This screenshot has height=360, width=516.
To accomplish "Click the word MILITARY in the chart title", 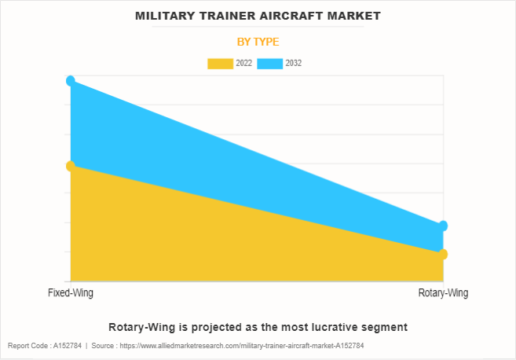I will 167,15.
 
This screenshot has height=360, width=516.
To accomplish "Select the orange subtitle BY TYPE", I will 258,42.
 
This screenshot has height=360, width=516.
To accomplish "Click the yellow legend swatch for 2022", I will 220,63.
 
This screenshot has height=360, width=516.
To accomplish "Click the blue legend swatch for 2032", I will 270,63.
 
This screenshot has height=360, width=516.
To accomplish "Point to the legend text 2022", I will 243,63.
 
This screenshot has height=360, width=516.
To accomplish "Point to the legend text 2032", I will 294,63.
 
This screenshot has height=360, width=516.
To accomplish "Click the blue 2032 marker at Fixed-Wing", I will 71,80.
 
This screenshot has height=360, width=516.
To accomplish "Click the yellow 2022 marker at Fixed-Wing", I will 71,166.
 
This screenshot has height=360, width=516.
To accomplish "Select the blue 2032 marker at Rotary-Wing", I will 443,226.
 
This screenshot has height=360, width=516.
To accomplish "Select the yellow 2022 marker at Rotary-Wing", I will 443,254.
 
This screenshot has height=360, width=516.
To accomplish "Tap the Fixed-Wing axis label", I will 71,293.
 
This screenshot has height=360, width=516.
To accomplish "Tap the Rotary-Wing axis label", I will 444,293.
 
